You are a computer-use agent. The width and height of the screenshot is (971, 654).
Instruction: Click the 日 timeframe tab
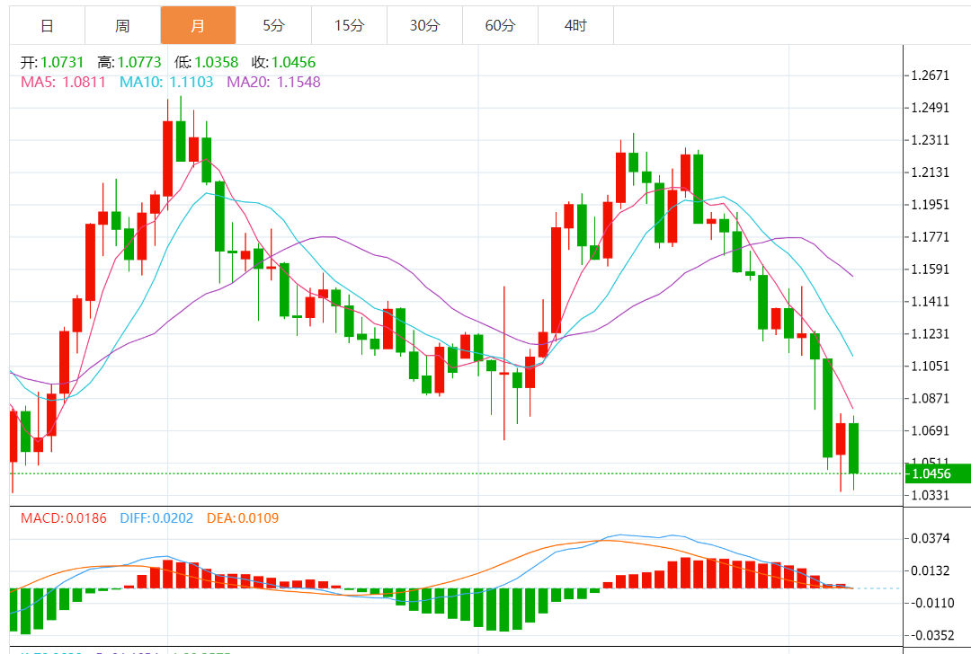(x=47, y=26)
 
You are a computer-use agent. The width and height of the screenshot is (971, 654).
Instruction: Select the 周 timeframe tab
(x=122, y=26)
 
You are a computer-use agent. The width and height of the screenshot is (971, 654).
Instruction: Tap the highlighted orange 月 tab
(x=198, y=26)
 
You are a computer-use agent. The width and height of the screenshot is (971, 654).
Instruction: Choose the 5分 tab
(x=273, y=26)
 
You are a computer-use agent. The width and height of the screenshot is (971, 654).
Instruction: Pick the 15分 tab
(x=349, y=26)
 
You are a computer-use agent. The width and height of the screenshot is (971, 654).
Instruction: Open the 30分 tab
(x=424, y=26)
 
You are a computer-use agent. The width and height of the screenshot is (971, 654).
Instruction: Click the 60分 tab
(x=500, y=26)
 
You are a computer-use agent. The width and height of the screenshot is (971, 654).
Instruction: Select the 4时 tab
(x=575, y=26)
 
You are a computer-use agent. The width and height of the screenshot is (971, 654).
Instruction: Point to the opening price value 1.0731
(x=63, y=63)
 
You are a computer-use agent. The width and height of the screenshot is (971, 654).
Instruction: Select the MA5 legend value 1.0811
(x=84, y=82)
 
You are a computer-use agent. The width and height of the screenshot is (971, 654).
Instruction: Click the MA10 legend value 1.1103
(x=192, y=82)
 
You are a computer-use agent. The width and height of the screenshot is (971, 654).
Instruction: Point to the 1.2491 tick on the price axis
(x=931, y=108)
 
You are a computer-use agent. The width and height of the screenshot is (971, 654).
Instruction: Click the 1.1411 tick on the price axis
(x=931, y=302)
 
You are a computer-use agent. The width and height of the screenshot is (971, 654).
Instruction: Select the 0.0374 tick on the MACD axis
(x=931, y=538)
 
